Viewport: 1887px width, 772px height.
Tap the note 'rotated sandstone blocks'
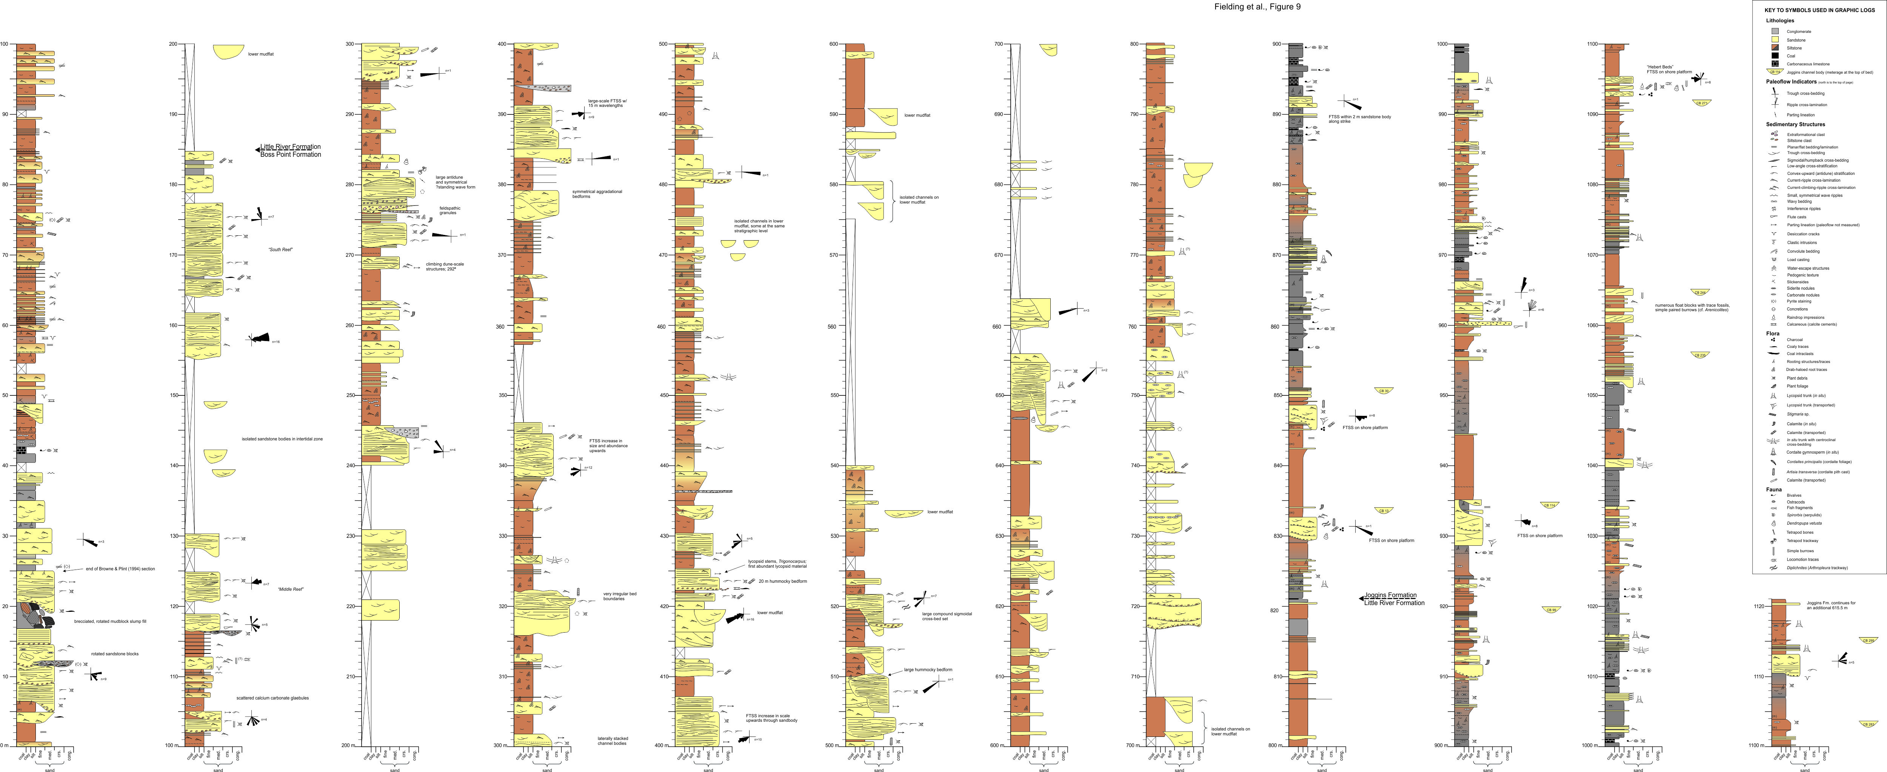coord(114,654)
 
